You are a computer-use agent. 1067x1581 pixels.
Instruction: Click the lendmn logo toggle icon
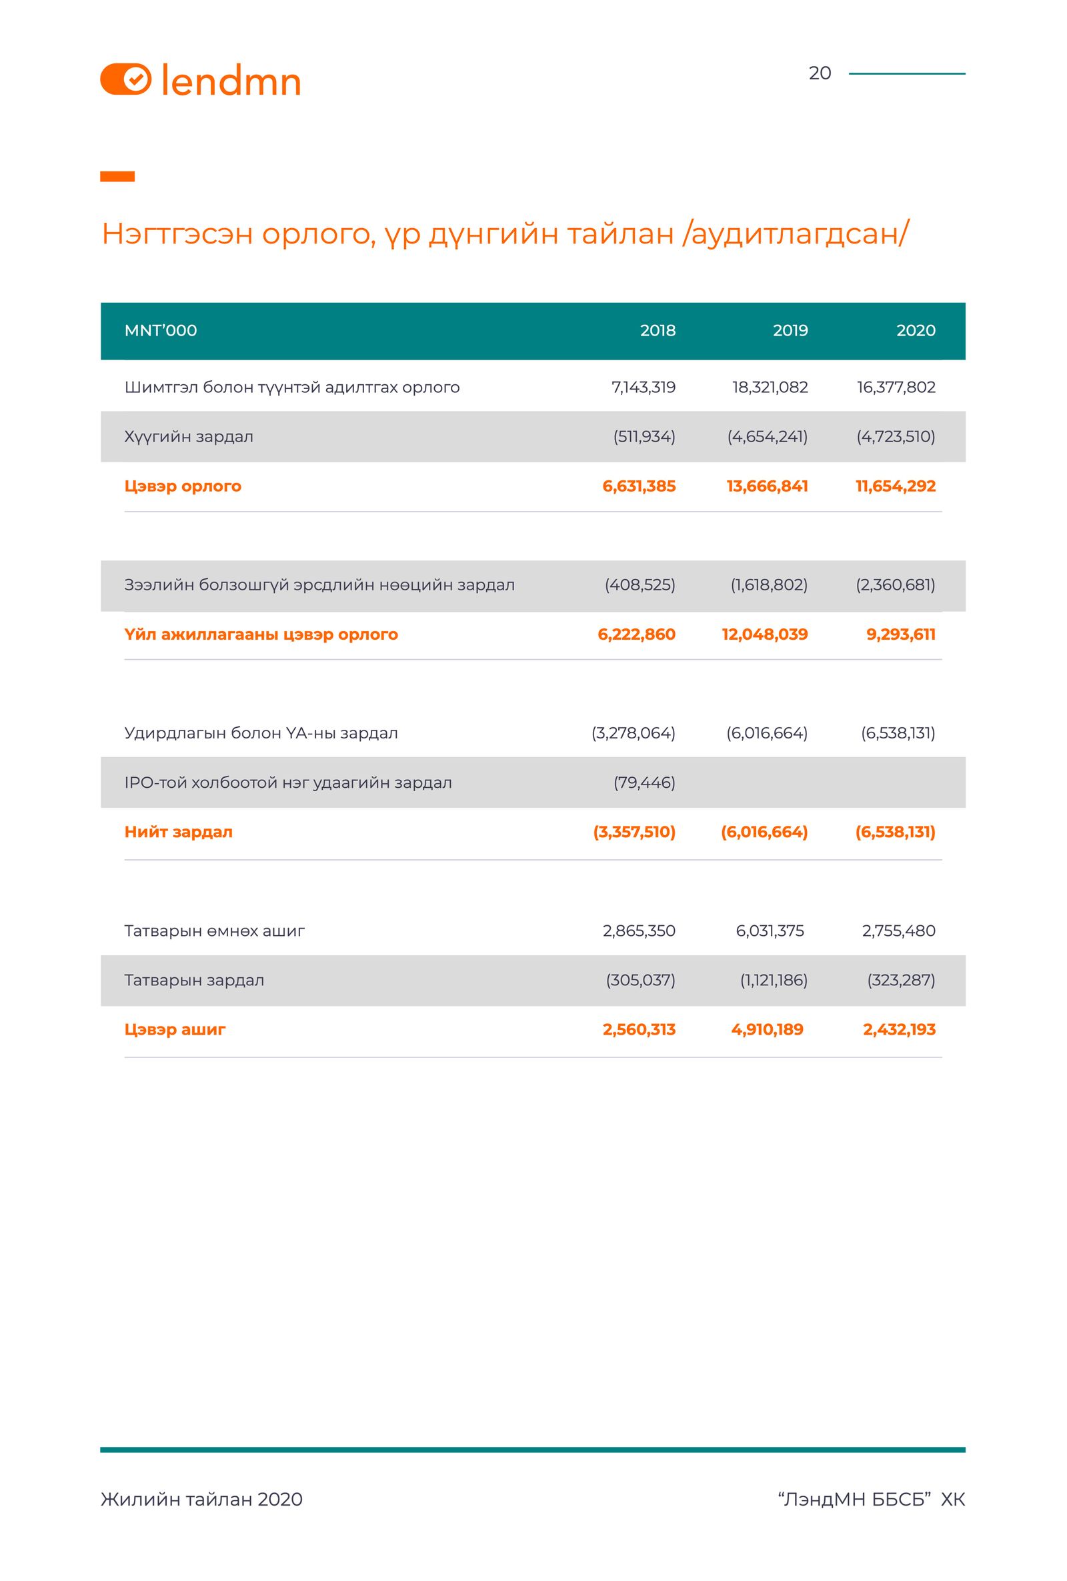[x=126, y=79]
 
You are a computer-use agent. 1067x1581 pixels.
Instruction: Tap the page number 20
[x=820, y=73]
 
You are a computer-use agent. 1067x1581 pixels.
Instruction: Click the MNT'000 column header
[x=161, y=331]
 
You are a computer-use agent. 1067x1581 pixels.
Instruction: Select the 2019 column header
[x=790, y=331]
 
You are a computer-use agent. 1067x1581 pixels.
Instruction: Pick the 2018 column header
[x=657, y=331]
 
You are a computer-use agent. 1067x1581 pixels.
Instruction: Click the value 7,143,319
[x=644, y=387]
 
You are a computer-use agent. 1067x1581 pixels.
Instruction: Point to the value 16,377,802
[x=896, y=387]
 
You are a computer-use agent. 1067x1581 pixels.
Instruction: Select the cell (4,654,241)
[x=767, y=437]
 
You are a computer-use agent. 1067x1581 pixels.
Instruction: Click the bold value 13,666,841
[x=767, y=486]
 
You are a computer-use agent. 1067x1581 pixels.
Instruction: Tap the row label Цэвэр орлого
[x=182, y=486]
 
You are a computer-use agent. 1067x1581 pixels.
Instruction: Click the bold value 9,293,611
[x=900, y=634]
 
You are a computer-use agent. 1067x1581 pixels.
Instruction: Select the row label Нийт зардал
[x=178, y=831]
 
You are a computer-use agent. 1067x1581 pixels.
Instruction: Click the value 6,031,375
[x=769, y=931]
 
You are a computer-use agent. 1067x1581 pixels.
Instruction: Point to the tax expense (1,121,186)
[x=773, y=981]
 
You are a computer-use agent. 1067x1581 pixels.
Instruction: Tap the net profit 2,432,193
[x=899, y=1029]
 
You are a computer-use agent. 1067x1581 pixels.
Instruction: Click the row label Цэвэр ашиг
[x=175, y=1029]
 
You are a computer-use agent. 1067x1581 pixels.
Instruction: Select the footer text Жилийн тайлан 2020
[x=201, y=1499]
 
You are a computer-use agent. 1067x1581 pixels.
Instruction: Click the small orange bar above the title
[x=117, y=177]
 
